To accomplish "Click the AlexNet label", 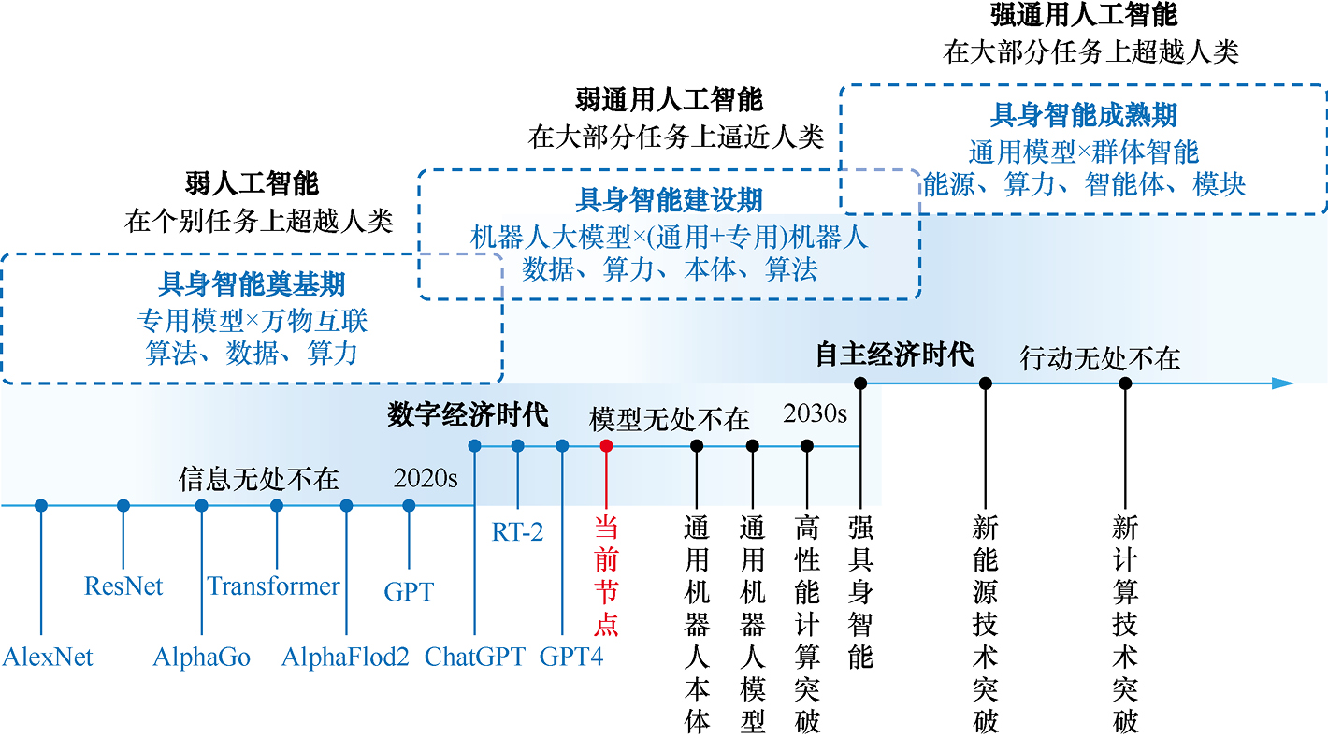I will (48, 657).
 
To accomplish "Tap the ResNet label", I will (123, 586).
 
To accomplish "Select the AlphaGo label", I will (202, 657).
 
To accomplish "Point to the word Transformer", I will (273, 586).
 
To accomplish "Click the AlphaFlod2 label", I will (345, 657).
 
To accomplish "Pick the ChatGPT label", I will (475, 657).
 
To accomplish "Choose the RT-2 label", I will (517, 532).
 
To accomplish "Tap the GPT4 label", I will (571, 657).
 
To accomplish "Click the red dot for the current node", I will (606, 446).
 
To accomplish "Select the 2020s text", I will (426, 479).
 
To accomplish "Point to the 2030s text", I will (815, 413).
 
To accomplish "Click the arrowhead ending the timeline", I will (1284, 383).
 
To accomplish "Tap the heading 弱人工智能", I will (252, 183).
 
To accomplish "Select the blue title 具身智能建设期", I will (669, 199).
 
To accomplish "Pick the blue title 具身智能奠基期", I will (252, 283).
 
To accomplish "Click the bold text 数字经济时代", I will (468, 415).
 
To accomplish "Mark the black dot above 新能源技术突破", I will (985, 383).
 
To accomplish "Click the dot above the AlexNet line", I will (41, 505).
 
